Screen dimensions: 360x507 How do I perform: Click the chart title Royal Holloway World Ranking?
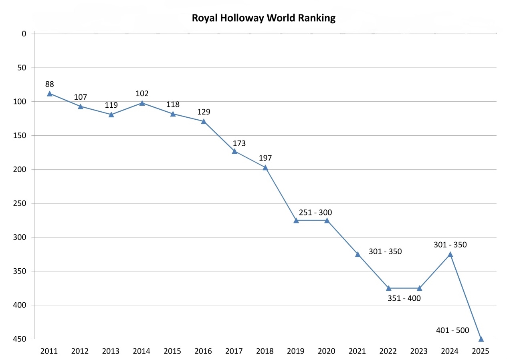click(x=263, y=18)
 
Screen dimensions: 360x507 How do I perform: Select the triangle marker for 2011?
click(x=50, y=94)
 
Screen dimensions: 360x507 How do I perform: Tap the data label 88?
click(x=50, y=84)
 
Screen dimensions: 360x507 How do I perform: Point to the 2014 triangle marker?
click(x=142, y=103)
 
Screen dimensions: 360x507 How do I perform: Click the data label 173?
click(x=239, y=143)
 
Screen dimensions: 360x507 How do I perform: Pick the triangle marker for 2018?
click(x=265, y=168)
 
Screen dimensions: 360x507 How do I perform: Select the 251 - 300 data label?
click(x=315, y=213)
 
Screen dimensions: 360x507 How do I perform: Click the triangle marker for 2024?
click(x=450, y=254)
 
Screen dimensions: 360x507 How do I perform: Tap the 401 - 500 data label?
click(x=452, y=330)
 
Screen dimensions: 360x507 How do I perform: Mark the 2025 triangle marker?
click(x=481, y=339)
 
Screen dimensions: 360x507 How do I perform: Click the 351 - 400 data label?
click(x=404, y=298)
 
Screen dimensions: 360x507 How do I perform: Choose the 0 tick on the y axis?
click(x=24, y=34)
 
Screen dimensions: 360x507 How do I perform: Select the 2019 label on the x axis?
click(x=296, y=351)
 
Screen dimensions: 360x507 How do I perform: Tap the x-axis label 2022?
click(x=388, y=351)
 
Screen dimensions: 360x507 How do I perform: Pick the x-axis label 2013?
click(x=111, y=351)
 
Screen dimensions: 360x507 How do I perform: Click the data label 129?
click(x=204, y=112)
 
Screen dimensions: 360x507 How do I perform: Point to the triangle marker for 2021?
click(x=358, y=254)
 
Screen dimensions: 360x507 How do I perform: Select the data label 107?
click(x=81, y=97)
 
